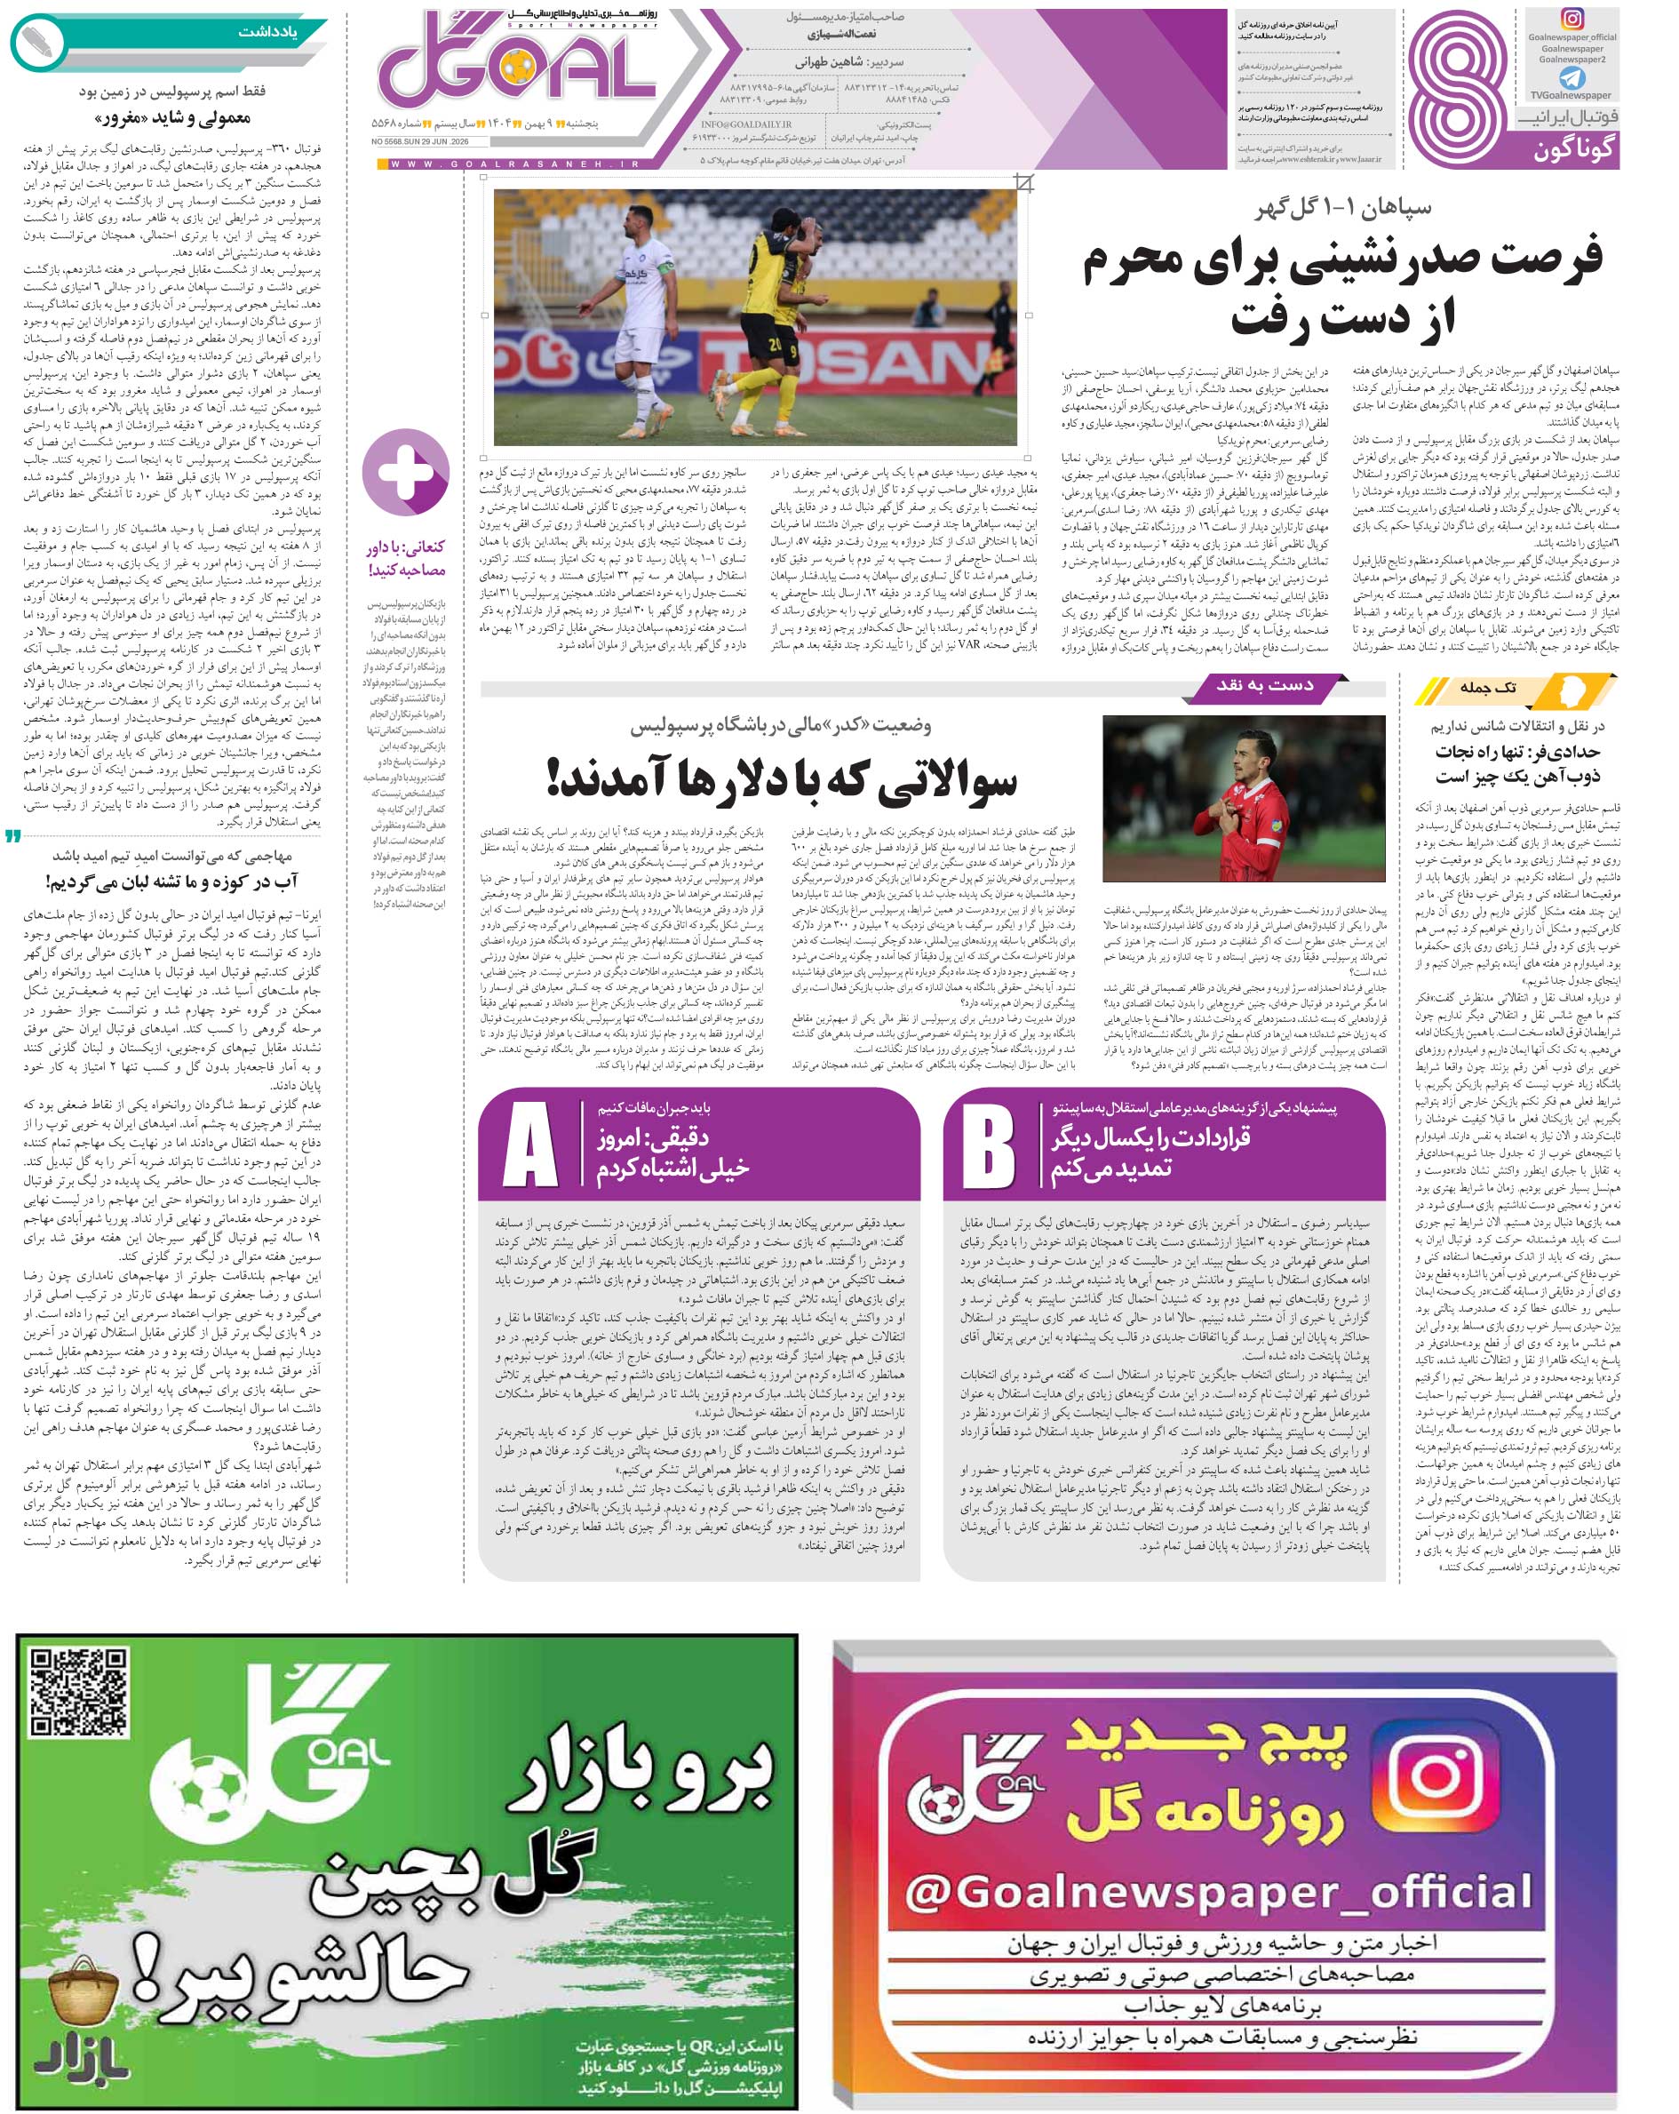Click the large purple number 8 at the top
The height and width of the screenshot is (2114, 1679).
(1458, 91)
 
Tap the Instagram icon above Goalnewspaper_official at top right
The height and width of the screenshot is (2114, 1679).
(1572, 20)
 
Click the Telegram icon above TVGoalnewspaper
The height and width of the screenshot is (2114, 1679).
(1572, 77)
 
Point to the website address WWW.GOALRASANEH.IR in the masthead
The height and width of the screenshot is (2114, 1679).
(514, 164)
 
